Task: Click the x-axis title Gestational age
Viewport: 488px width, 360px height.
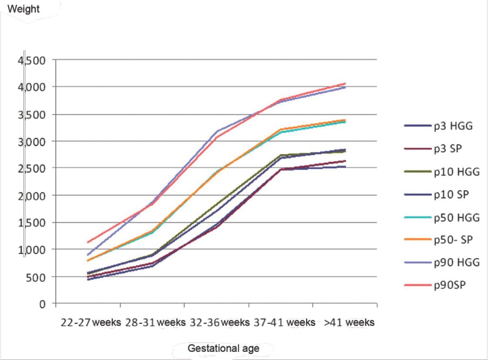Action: click(223, 349)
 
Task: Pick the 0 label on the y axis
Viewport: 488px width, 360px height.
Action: click(42, 304)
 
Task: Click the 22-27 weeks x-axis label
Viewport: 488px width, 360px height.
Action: click(91, 322)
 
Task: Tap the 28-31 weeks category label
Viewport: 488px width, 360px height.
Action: click(155, 322)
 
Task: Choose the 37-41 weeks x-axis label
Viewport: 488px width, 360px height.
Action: click(285, 322)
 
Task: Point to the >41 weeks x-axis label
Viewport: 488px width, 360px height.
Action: click(349, 322)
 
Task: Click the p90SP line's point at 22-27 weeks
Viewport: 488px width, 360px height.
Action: click(88, 242)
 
